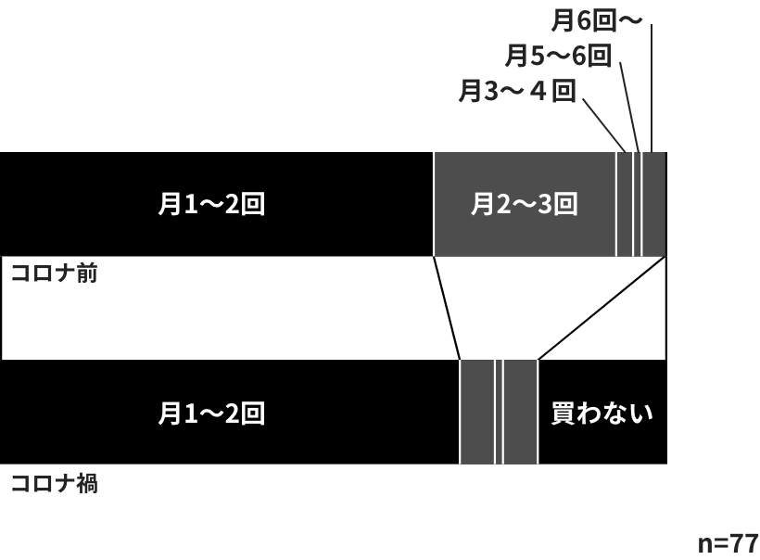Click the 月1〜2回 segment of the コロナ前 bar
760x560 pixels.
click(217, 204)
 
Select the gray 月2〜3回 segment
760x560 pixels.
click(525, 204)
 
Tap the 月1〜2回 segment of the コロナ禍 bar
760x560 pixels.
click(229, 413)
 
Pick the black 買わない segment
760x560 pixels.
click(603, 413)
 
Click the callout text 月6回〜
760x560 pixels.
click(597, 20)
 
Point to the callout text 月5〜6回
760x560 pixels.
click(558, 56)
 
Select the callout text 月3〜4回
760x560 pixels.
click(517, 91)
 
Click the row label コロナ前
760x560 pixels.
click(55, 274)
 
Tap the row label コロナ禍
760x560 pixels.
click(55, 483)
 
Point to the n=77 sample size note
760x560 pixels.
click(728, 543)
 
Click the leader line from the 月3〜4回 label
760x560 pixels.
click(604, 125)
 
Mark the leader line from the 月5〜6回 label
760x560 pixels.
click(629, 108)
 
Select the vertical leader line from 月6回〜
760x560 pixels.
click(652, 88)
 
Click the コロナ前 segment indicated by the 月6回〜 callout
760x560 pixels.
click(655, 204)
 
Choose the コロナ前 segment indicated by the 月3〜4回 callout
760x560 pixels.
click(625, 204)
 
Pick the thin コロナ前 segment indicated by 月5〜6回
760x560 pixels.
click(638, 204)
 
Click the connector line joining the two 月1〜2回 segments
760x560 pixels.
click(447, 308)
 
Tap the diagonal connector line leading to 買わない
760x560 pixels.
click(602, 308)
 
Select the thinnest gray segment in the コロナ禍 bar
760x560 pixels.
click(500, 413)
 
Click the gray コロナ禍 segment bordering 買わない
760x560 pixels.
click(521, 413)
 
